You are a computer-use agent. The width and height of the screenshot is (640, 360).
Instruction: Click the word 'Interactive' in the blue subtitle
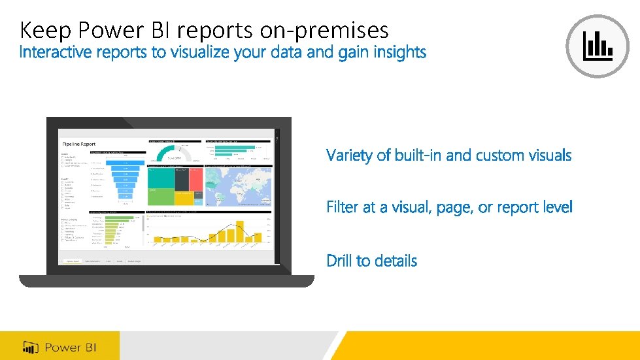tap(56, 52)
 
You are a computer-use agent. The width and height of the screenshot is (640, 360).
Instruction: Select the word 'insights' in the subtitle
tap(400, 52)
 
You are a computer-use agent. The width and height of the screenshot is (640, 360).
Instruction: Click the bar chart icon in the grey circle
tap(598, 46)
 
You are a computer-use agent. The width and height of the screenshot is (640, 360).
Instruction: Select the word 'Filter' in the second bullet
tap(343, 208)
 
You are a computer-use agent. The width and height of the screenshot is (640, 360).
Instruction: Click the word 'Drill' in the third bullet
tap(339, 261)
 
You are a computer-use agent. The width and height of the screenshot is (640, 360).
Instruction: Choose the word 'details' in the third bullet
tap(394, 261)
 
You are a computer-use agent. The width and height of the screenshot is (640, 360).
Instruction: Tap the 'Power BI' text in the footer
tap(71, 346)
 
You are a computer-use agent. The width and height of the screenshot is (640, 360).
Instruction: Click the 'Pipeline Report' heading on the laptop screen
tap(78, 143)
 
